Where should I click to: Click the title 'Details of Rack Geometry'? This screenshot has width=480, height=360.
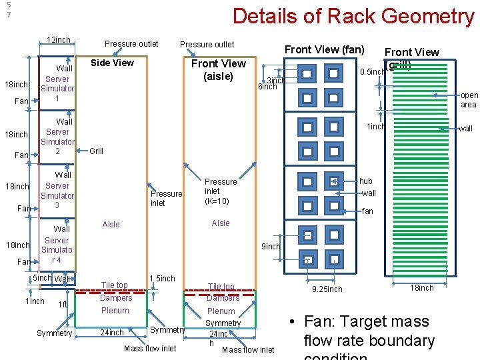tap(353, 16)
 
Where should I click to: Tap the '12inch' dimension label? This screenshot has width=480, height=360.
tap(59, 40)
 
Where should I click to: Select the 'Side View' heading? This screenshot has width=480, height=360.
tap(112, 63)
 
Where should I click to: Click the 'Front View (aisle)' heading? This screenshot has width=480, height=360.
tap(219, 70)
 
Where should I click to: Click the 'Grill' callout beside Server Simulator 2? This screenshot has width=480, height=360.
tap(97, 151)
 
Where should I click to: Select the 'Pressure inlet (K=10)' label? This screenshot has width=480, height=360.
tap(221, 191)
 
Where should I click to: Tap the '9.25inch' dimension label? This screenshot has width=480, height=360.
tap(327, 289)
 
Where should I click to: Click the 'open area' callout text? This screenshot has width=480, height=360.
tap(469, 100)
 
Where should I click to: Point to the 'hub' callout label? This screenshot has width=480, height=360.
tap(366, 181)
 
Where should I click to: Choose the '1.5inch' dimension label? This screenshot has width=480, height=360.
tap(162, 278)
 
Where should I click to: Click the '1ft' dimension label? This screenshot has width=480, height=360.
tap(63, 305)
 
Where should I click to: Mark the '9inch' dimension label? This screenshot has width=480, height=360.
tap(271, 247)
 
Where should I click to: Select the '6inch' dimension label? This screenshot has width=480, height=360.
tap(267, 87)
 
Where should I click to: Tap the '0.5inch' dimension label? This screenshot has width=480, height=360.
tap(372, 72)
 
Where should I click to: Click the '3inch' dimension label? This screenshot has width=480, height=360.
tap(275, 80)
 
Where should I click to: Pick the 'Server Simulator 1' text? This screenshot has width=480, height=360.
tap(57, 89)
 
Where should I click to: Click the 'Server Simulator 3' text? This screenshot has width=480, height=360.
tap(57, 195)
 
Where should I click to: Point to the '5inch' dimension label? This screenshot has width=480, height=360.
tap(42, 278)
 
